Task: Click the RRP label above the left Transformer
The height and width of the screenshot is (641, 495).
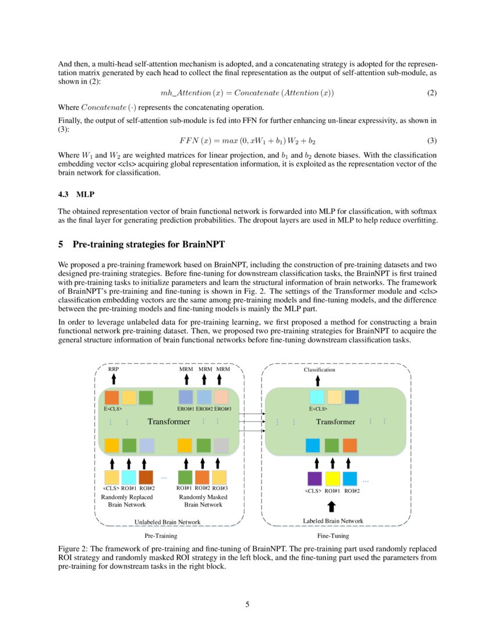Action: [x=114, y=369]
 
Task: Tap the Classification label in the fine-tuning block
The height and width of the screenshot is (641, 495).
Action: [x=320, y=369]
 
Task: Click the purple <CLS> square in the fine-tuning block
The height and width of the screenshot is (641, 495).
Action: [x=314, y=478]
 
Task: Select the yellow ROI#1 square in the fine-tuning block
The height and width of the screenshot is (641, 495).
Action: [x=333, y=478]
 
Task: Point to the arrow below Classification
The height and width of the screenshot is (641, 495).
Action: [x=317, y=380]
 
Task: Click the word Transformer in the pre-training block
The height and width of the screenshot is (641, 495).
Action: [x=168, y=421]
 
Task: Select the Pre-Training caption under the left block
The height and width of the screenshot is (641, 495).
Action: [x=161, y=535]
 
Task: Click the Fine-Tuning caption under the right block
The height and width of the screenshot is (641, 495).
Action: [x=334, y=535]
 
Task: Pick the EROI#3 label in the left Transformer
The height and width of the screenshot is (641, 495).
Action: [x=222, y=409]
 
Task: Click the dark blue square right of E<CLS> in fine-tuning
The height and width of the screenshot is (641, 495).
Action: [x=352, y=397]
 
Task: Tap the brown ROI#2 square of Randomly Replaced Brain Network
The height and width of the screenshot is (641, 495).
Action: [x=146, y=477]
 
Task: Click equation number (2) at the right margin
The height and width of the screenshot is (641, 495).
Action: [x=432, y=93]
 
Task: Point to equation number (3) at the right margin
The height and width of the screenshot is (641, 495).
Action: [x=432, y=141]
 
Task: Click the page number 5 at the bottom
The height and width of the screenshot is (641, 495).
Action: [x=248, y=604]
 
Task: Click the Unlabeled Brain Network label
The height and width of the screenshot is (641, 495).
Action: [x=168, y=522]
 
